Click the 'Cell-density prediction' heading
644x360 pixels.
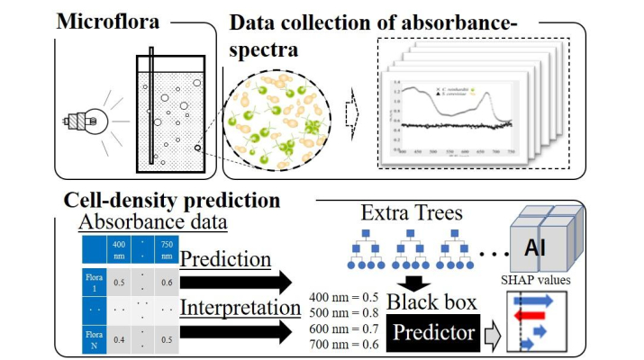170,200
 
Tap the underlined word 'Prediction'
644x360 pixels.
226,259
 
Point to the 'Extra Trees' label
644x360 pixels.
403,214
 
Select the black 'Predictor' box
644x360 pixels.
433,333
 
